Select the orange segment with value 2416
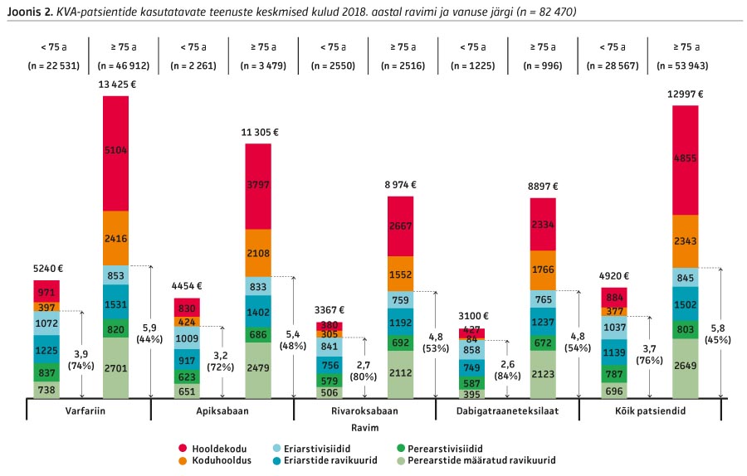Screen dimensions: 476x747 (x=115, y=237)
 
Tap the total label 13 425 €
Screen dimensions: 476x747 (x=116, y=85)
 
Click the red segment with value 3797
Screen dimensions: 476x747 (x=258, y=186)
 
